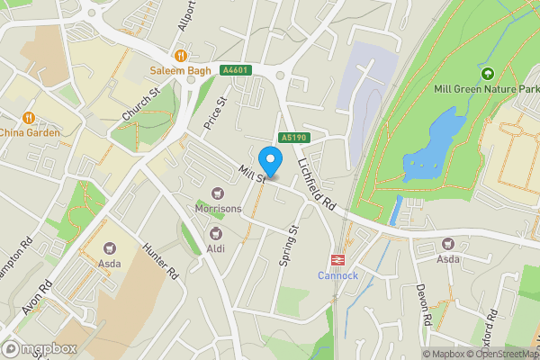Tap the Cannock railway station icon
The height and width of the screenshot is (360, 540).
(337, 258)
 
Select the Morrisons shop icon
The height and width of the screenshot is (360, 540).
(217, 193)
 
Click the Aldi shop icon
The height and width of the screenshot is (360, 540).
(216, 232)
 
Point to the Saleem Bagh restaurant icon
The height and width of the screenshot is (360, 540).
(181, 55)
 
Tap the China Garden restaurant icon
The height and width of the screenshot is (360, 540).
(29, 117)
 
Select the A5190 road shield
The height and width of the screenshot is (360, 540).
(294, 138)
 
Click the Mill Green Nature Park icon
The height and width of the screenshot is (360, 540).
(488, 74)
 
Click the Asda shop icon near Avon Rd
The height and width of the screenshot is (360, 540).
(110, 247)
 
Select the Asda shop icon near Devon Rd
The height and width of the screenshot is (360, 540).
(448, 244)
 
